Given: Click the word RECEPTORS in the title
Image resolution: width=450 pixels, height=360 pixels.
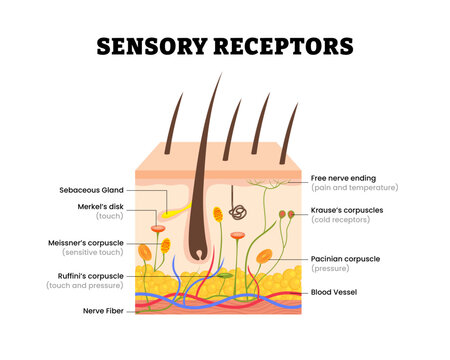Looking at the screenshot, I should pyautogui.click(x=288, y=46).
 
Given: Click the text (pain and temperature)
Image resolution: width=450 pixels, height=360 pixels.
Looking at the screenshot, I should pyautogui.click(x=354, y=187).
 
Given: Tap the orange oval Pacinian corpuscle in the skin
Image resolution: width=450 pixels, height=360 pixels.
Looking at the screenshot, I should pyautogui.click(x=264, y=257).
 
